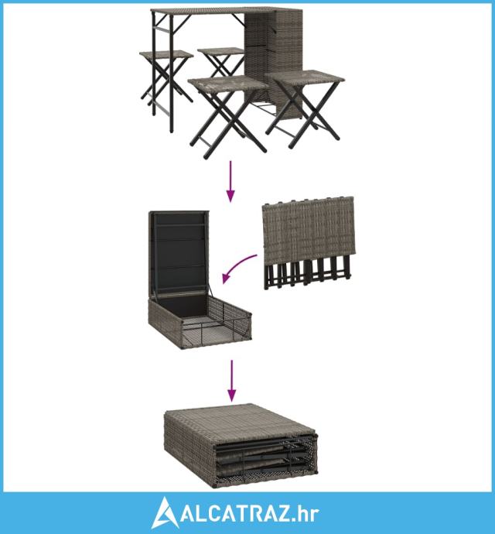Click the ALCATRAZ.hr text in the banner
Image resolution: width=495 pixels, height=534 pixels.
tap(250, 513)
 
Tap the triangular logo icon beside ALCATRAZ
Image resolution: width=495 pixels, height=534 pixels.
tap(165, 512)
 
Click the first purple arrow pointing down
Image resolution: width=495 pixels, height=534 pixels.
tap(230, 182)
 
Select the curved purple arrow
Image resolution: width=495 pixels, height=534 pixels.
tap(237, 267)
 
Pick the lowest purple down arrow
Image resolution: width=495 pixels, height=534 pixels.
tap(231, 381)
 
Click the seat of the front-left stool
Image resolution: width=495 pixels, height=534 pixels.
tap(228, 84)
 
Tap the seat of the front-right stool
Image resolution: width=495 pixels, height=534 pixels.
tap(305, 77)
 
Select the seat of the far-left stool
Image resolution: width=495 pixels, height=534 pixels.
tap(166, 54)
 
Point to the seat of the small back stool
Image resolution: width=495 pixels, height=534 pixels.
tap(221, 51)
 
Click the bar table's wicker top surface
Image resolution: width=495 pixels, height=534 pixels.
tap(214, 10)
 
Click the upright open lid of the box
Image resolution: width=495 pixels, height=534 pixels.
tap(179, 253)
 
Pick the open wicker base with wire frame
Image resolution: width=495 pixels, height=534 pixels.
tap(200, 321)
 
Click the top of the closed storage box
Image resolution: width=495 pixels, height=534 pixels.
tap(239, 420)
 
